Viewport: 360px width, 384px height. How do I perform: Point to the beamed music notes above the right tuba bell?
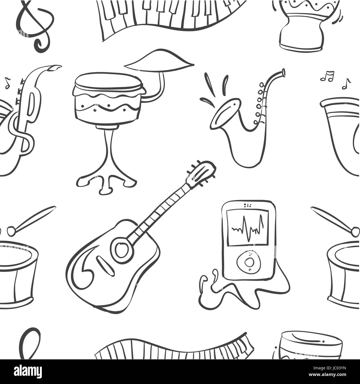tap(327, 76)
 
